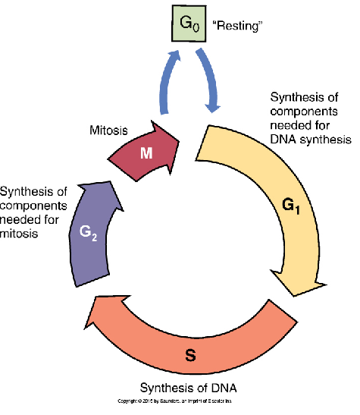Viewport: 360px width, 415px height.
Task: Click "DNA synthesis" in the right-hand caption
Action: [311, 139]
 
